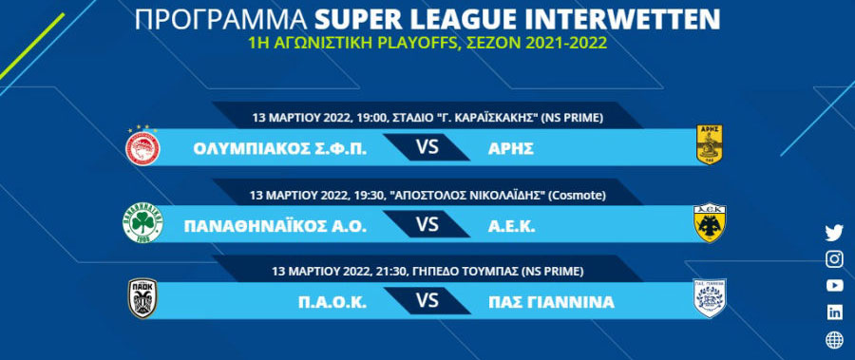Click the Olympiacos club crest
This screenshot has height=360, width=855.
(x=142, y=146)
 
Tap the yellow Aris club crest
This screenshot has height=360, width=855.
(x=710, y=144)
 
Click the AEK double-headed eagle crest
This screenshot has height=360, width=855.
(x=709, y=223)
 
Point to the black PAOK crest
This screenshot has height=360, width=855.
(x=142, y=298)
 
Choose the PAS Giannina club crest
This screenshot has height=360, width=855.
(x=709, y=298)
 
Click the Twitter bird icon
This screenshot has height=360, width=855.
(x=834, y=233)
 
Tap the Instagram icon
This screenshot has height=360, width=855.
(x=834, y=259)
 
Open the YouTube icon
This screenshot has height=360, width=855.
(x=834, y=285)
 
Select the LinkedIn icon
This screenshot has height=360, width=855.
(x=834, y=312)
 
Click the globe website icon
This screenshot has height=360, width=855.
(x=834, y=340)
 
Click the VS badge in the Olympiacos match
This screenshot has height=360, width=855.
(x=427, y=147)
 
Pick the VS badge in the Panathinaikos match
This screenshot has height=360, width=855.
(x=427, y=225)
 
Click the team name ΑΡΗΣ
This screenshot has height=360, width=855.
(x=511, y=148)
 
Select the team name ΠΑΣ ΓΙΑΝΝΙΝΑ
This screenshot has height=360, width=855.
(x=551, y=302)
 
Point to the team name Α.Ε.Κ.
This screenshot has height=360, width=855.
(x=512, y=226)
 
